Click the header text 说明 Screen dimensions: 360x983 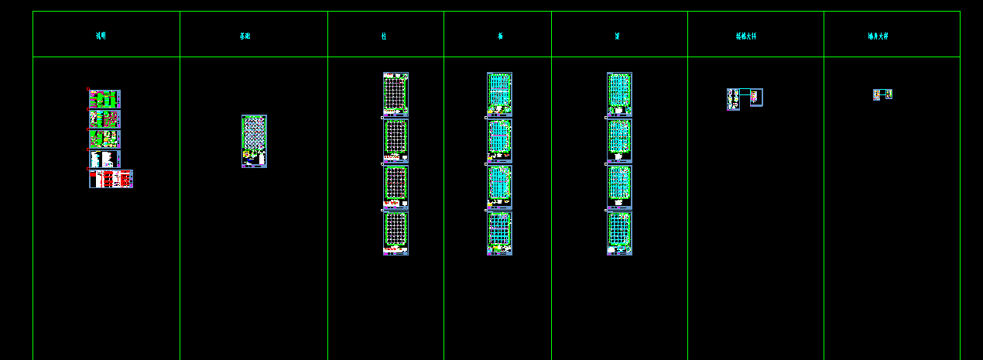(101, 36)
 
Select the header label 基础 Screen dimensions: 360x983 (245, 36)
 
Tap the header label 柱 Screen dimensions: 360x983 (384, 36)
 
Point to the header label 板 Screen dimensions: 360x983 (500, 36)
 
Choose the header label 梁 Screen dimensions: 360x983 (617, 36)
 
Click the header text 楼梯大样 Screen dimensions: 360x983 (746, 36)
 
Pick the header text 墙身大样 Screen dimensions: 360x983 (878, 36)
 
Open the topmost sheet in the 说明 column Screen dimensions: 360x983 (104, 99)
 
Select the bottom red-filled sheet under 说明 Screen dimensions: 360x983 (111, 179)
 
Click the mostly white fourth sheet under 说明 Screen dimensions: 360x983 (104, 159)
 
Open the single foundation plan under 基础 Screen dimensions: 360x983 (254, 141)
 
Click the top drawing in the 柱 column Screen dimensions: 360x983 (396, 94)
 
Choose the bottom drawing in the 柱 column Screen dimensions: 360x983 (396, 233)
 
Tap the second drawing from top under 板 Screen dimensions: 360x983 (499, 140)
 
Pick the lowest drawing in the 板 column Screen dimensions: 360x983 (499, 233)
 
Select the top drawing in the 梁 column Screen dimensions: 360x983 (619, 94)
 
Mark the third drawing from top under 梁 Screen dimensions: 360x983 (619, 187)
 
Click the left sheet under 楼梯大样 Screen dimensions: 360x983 (733, 99)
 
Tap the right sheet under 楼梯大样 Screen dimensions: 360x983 (756, 97)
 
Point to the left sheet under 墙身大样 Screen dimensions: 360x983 (877, 94)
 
